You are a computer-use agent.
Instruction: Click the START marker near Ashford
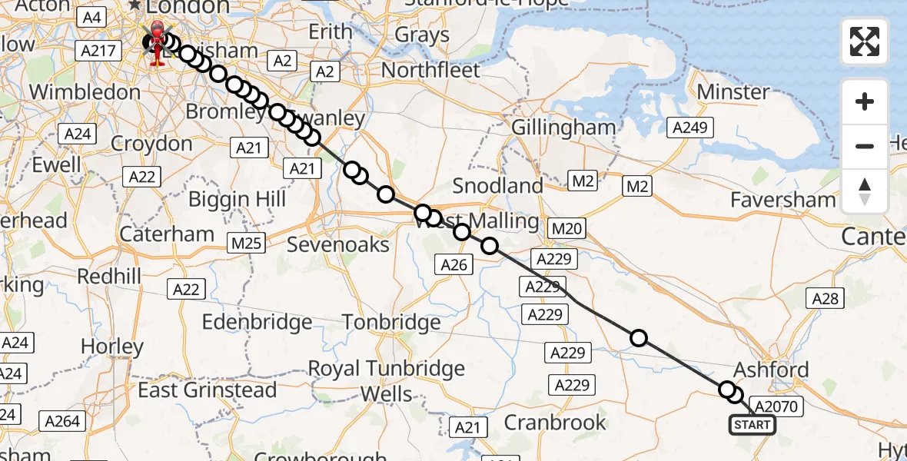click(752, 425)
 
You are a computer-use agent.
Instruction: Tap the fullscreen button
click(865, 41)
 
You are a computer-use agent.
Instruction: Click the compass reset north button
click(865, 191)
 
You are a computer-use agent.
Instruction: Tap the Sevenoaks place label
click(338, 244)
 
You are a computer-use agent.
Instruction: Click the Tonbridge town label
click(392, 321)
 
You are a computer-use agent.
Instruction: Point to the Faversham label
click(783, 200)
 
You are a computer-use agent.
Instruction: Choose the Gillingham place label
click(563, 128)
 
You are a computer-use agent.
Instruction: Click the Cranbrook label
click(555, 422)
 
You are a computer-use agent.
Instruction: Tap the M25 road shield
click(247, 244)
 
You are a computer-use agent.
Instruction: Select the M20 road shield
click(568, 227)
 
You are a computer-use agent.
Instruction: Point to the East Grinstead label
click(208, 390)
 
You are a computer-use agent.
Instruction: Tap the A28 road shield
click(825, 299)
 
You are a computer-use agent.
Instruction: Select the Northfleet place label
click(430, 70)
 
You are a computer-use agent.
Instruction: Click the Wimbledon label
click(85, 92)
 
